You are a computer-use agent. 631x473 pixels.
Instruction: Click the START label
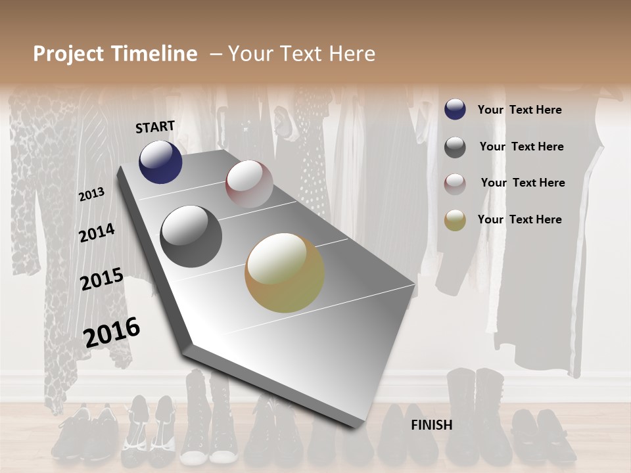point(155,127)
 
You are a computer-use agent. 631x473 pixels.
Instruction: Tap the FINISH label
point(431,425)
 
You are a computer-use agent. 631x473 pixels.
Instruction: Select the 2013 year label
point(91,194)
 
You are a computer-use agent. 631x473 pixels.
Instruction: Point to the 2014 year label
point(97,233)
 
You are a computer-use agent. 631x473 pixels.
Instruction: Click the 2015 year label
point(101,279)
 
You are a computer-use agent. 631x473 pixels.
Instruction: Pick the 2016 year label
point(112,332)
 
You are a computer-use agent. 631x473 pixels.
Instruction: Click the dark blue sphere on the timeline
point(160,162)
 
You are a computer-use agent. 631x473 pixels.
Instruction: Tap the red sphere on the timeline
point(249,184)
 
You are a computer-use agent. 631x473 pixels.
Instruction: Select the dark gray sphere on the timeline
point(191,236)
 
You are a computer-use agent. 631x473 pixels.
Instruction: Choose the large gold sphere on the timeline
point(285,273)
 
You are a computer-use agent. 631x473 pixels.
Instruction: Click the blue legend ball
point(455,110)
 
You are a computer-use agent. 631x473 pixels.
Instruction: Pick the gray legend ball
point(455,147)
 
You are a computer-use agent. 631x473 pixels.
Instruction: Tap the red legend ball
point(455,184)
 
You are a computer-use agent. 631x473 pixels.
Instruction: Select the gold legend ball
point(455,221)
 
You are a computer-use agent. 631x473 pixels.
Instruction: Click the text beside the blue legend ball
point(519,110)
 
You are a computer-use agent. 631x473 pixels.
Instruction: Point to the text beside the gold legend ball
point(519,219)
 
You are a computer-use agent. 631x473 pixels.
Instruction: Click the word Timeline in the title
point(155,54)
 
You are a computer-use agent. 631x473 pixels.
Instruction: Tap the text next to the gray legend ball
point(521,146)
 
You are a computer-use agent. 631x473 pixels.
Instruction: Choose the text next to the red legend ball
point(523,183)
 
